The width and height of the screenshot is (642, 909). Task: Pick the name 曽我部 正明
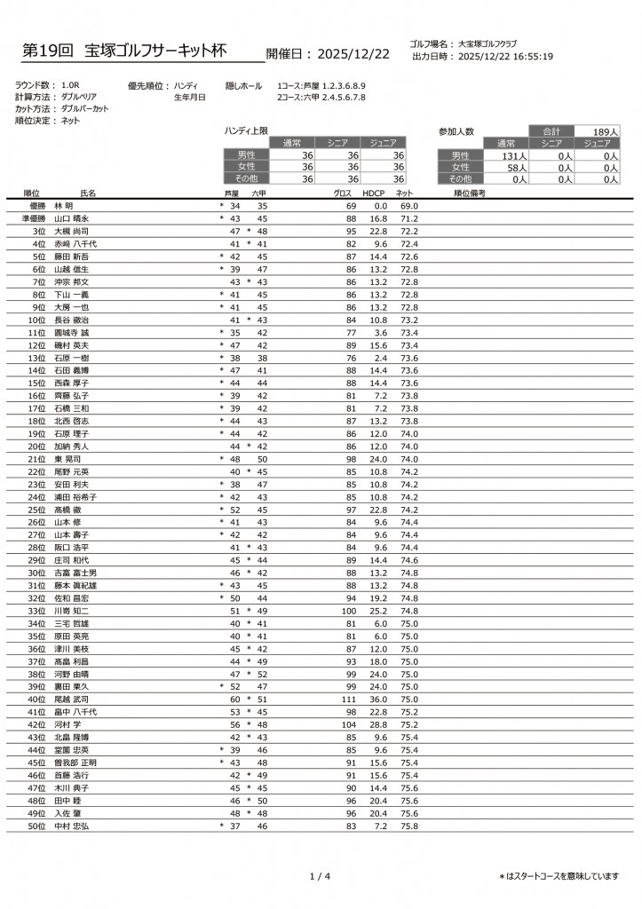(75, 763)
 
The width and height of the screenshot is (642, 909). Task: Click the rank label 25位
(37, 510)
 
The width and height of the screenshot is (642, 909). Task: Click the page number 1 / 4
(321, 877)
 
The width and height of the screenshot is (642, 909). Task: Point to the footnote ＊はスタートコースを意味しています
(559, 877)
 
